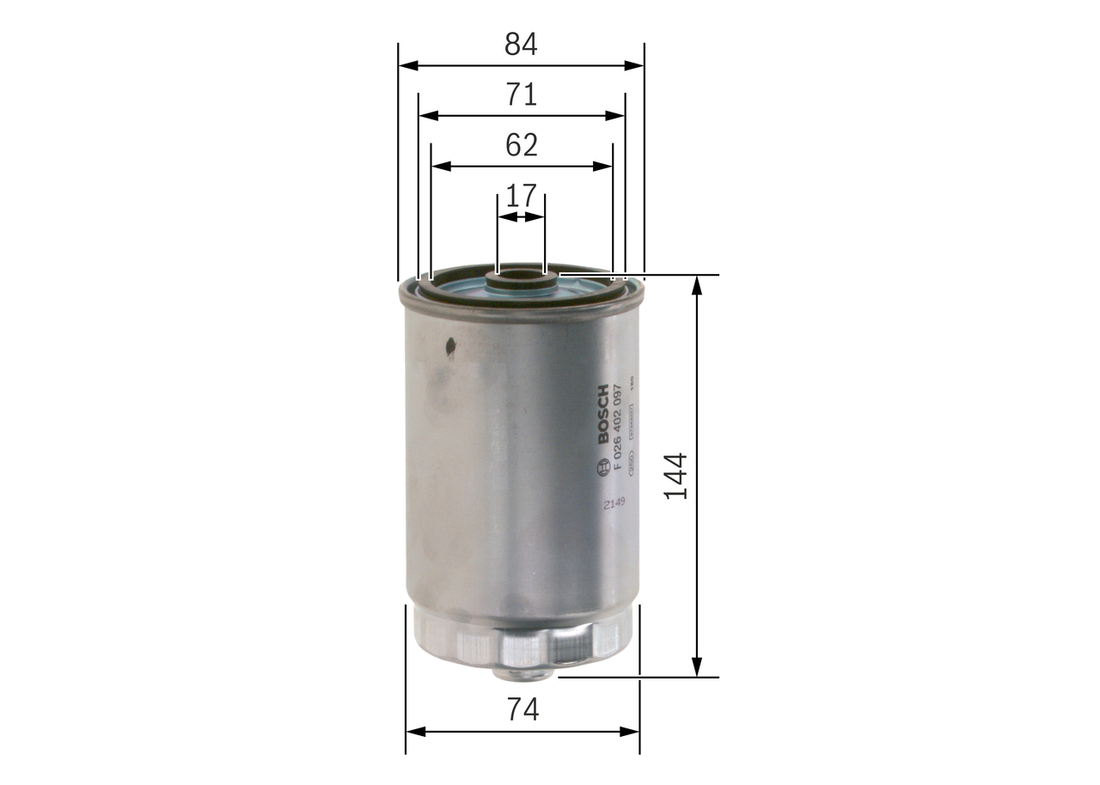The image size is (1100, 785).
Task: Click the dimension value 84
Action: pos(521,45)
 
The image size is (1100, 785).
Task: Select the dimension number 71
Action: pos(521,94)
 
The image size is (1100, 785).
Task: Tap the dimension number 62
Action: pos(521,145)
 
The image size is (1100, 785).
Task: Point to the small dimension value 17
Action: pos(521,197)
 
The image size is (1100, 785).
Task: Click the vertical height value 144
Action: pos(675,476)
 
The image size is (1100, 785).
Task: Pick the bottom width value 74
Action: pos(522,710)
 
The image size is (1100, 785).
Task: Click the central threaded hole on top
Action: pos(521,277)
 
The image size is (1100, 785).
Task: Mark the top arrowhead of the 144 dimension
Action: pos(697,284)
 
